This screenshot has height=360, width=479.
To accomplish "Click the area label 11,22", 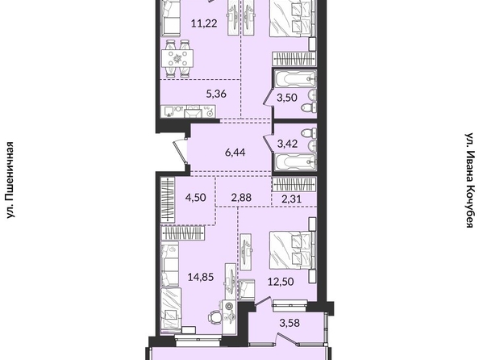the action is (x=204, y=23).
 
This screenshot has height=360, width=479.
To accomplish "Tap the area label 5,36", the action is (x=216, y=94).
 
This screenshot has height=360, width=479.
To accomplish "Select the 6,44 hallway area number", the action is (x=235, y=152).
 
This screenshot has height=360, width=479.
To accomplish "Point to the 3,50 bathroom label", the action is (x=287, y=98).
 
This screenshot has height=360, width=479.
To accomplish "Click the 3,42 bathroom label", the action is (x=287, y=144).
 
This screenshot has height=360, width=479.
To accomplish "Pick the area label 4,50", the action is (x=195, y=197).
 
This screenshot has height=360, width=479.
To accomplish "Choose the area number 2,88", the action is (x=241, y=197).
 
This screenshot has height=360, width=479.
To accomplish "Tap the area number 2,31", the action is (x=291, y=199).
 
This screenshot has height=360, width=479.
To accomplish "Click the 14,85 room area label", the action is (x=201, y=278).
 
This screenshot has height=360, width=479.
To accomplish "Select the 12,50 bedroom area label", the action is (x=281, y=282).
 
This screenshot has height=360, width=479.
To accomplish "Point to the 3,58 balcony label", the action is (x=289, y=323).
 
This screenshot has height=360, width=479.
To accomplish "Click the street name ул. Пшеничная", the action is (x=10, y=180).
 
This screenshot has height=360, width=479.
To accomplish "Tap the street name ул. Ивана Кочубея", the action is (x=469, y=180).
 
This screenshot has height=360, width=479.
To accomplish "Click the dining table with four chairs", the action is (x=177, y=58).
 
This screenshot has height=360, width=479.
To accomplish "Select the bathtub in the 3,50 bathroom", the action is (x=295, y=79).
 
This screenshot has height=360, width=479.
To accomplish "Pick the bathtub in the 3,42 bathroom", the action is (x=295, y=161).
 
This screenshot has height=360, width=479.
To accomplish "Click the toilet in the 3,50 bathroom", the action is (x=309, y=107).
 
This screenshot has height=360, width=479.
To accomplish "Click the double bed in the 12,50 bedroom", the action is (x=291, y=250).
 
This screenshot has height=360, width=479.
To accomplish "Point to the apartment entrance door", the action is (x=181, y=152).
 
